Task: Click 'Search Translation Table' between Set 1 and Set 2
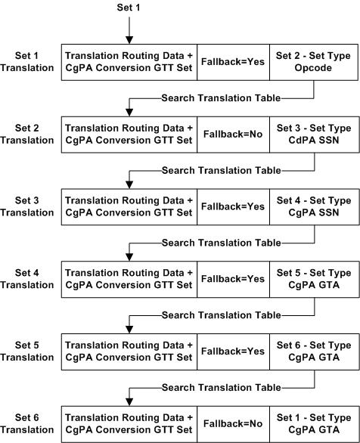coord(220,98)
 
